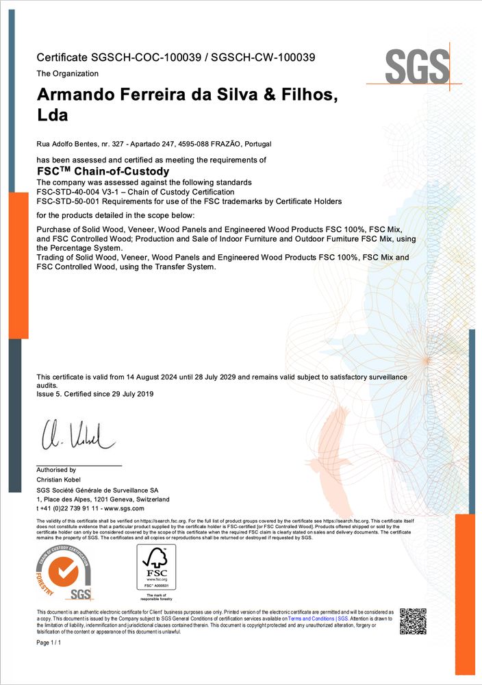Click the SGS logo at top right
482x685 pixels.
pos(416,66)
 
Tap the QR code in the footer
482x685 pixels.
pos(413,621)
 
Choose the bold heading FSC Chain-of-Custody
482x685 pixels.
pos(102,171)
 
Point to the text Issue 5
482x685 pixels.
pos(49,394)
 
